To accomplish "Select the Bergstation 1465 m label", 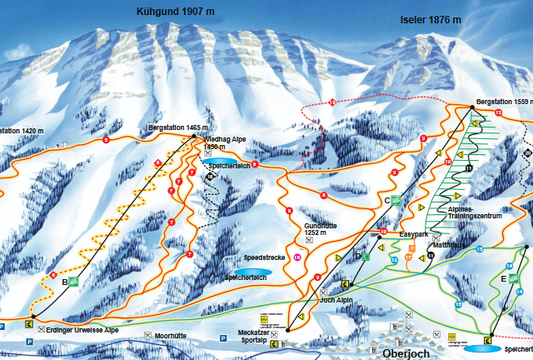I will (174, 127).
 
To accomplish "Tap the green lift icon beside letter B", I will (73, 282).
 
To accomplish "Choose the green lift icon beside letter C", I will (397, 201).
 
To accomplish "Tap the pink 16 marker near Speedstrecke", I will (297, 256).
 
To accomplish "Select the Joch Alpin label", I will (338, 301).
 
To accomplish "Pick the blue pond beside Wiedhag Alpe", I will (219, 161).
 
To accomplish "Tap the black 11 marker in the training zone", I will (469, 169).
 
